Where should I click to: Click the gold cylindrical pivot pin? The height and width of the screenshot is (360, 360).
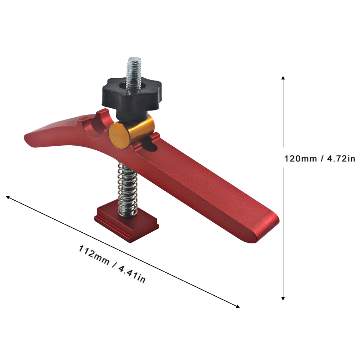pos(131,132)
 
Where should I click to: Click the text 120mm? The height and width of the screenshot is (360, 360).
pos(301,158)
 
